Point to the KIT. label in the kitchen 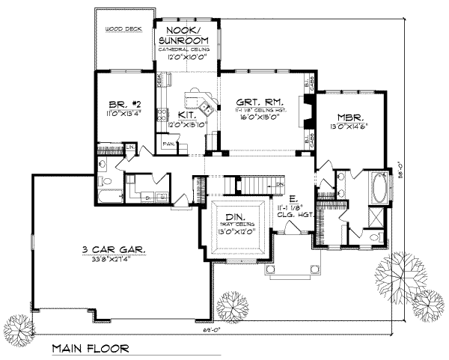[187, 116]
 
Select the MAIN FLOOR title [90, 349]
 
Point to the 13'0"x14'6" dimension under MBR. [349, 126]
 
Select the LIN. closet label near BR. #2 [129, 147]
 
